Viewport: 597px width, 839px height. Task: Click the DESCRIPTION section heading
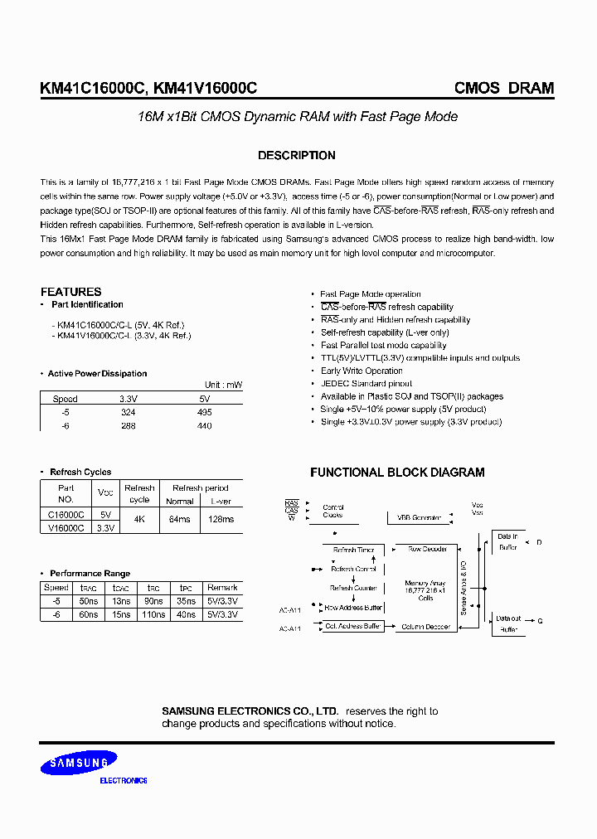(296, 155)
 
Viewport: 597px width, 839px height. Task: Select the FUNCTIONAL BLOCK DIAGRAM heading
(397, 473)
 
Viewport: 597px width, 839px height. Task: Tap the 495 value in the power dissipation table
(205, 412)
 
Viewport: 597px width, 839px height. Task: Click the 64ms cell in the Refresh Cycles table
(179, 519)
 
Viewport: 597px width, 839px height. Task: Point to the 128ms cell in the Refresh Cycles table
(220, 519)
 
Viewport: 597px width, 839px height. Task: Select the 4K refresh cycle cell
(139, 519)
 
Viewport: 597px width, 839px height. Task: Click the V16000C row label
(66, 527)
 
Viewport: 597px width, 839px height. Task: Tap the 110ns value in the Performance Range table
(153, 614)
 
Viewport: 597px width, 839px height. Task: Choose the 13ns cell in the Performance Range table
(120, 601)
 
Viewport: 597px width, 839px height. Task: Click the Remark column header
(222, 588)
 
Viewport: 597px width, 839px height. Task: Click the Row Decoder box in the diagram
(427, 549)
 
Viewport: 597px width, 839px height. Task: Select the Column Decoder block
(426, 627)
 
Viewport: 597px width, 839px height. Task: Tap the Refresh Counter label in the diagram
(352, 588)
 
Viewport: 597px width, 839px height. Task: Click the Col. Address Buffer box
(352, 627)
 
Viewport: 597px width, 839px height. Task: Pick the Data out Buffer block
(507, 624)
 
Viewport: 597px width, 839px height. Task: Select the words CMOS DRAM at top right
(504, 89)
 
